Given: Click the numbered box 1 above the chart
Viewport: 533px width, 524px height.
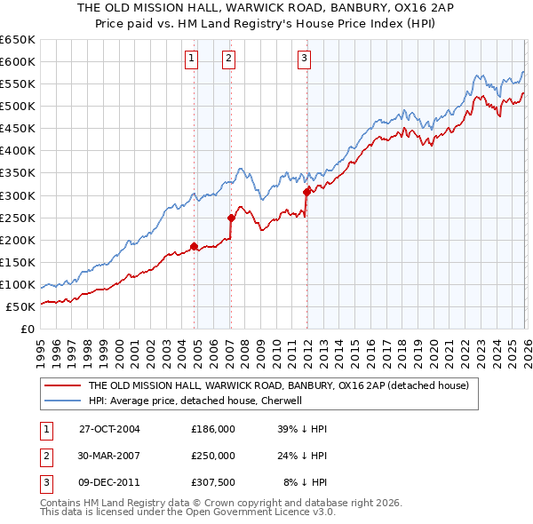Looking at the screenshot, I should tap(191, 60).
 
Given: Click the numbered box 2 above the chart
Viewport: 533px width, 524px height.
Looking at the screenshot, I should tap(228, 60).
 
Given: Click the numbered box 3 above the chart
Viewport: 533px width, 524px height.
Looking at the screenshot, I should tap(304, 60).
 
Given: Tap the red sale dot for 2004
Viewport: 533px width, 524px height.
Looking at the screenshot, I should tap(194, 246).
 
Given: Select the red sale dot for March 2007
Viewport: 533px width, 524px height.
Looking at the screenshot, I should tap(231, 218).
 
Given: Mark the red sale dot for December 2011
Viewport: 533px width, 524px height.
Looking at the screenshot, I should tap(306, 191).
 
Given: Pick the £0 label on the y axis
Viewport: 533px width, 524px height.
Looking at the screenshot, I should tap(27, 329).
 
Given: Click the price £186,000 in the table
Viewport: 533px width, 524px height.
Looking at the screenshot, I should tap(213, 429).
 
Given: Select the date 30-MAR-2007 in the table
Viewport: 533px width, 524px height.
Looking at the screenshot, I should tap(109, 456).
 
